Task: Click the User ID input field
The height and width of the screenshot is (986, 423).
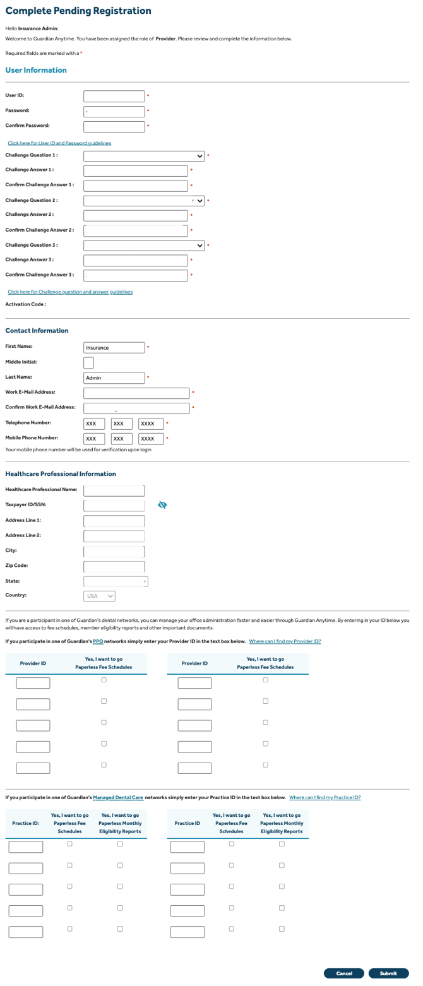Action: coord(114,96)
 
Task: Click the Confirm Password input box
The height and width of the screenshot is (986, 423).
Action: coord(114,126)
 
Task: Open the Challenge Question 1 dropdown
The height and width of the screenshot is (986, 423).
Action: coord(145,156)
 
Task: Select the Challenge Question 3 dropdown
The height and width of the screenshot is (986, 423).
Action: coord(145,246)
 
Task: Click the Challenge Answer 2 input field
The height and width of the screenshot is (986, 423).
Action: coord(136,216)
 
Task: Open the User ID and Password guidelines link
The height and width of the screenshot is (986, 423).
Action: coord(59,143)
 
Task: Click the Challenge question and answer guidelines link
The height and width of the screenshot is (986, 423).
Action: coord(70,292)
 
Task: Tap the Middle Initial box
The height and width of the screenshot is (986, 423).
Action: coord(88,362)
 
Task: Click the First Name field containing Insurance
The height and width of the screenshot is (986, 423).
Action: coord(114,347)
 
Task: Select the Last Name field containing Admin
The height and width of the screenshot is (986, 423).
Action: coord(114,377)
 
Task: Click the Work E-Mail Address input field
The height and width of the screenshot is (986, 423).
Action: coord(136,393)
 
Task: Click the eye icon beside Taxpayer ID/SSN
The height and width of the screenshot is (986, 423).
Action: coord(162,504)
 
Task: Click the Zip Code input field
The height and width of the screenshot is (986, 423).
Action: coord(114,566)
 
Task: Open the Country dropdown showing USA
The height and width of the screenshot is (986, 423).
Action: coord(100,595)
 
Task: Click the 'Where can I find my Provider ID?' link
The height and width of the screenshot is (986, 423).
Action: coord(285,641)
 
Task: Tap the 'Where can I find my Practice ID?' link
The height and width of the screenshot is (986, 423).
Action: coord(325,797)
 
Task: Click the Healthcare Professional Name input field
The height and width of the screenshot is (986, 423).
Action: coord(114,490)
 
